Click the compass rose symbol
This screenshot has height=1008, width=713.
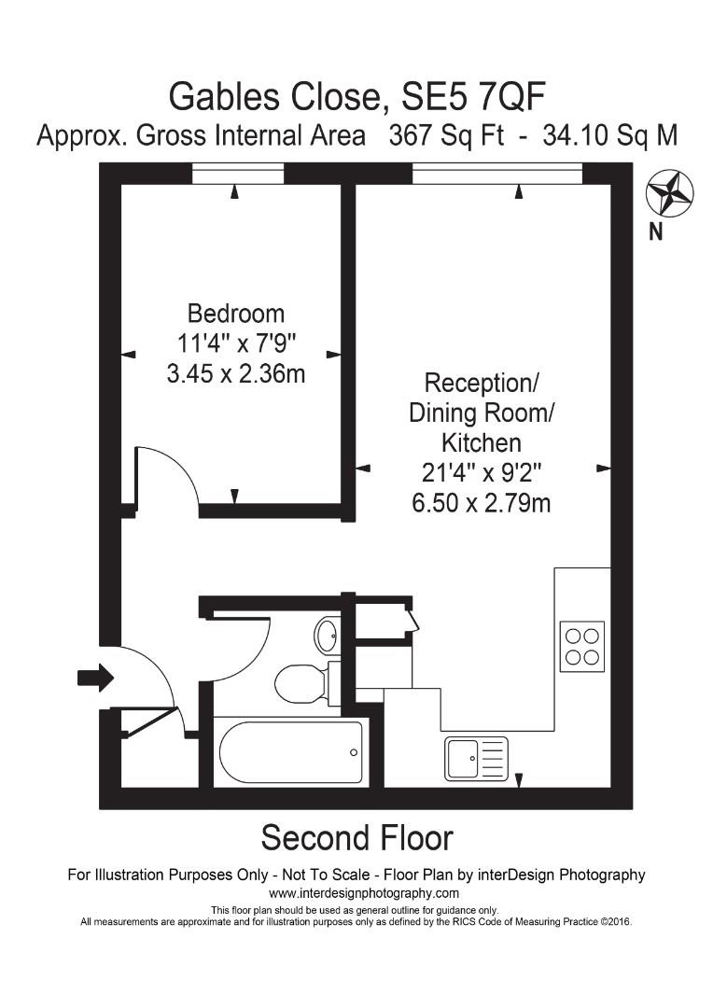pos(669,194)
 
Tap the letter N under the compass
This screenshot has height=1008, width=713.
pos(656,232)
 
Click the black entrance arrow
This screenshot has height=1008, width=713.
pos(94,678)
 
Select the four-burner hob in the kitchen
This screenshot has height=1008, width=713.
pos(582,645)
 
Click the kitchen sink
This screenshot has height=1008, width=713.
pos(476,757)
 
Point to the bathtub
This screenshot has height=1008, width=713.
pos(289,753)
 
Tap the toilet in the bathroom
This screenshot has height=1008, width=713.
pos(301,682)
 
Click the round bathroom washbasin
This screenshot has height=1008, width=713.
pos(328,636)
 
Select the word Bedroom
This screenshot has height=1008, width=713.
pos(236,313)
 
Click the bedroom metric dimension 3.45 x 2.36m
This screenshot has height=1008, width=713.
pos(236,374)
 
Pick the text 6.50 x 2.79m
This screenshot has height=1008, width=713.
pos(481,504)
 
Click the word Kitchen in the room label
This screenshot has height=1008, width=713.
pos(481,442)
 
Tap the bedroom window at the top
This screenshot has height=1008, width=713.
pos(235,174)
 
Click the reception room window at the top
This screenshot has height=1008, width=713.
pos(496,174)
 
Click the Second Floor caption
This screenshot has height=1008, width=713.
pos(356,837)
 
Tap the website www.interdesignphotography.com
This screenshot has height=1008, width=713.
pos(356,893)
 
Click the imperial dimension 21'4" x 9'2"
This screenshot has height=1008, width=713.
pos(481,473)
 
